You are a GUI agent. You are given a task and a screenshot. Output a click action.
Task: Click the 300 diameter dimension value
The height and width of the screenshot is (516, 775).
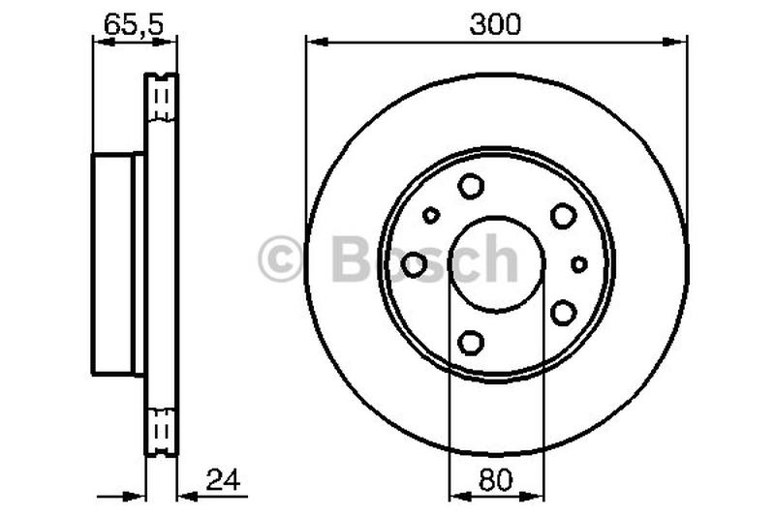coord(495,24)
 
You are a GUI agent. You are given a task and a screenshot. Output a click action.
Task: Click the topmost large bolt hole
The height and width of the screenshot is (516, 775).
coord(471,185)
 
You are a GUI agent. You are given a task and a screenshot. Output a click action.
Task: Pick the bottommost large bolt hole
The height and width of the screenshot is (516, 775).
coord(471,342)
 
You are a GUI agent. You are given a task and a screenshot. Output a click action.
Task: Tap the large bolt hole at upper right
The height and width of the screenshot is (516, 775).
coord(563,215)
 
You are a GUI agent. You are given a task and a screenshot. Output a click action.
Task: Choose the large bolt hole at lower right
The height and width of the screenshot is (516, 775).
coord(563,312)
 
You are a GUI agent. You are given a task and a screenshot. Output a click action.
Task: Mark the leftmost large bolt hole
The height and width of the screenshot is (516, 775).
coord(415,263)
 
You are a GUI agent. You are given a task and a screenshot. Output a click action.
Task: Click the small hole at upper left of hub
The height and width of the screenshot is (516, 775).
coord(431,215)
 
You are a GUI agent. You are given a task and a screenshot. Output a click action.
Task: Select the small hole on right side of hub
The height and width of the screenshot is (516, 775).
coord(579,263)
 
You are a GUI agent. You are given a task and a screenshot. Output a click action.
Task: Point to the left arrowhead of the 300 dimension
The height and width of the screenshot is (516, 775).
coord(313,41)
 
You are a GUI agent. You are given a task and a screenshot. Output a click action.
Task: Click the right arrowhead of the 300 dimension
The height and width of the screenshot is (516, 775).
coord(679,41)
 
